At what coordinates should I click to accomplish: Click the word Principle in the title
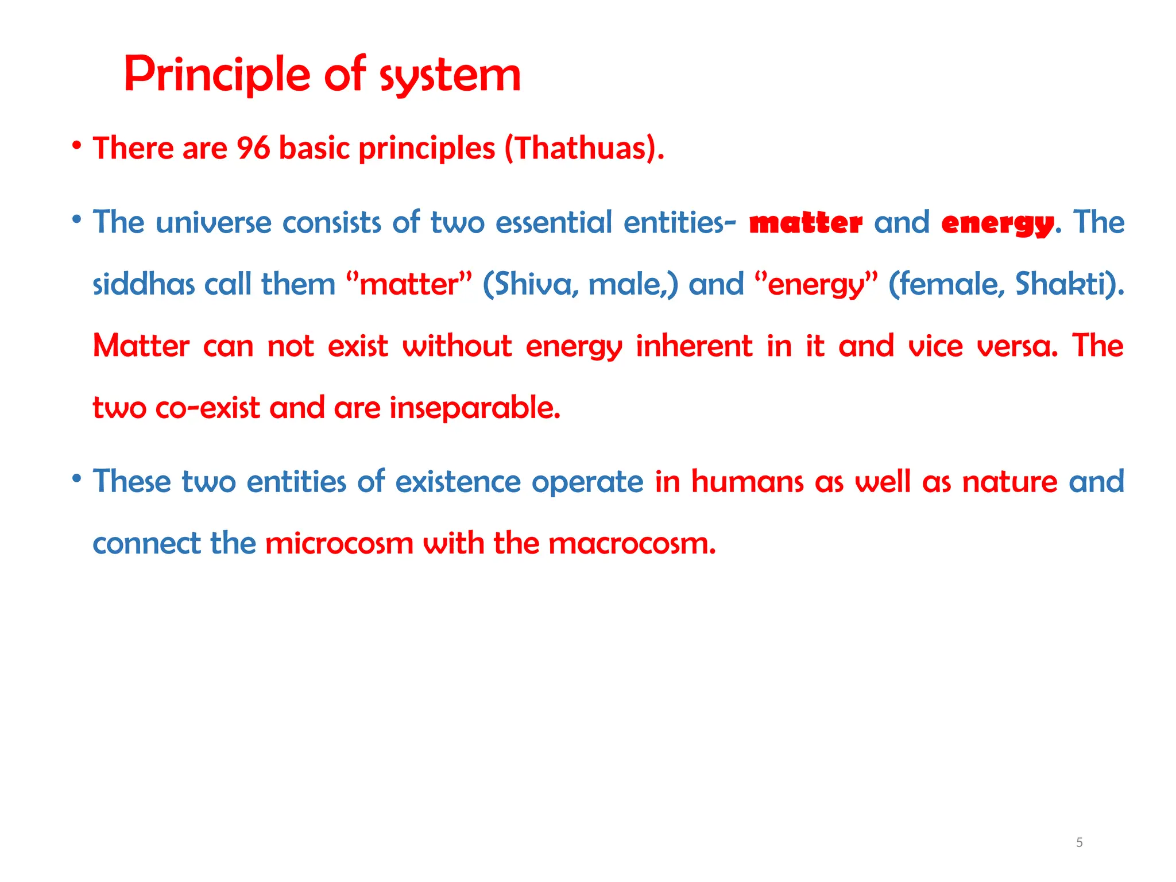(x=217, y=75)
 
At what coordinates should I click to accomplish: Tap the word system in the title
(x=450, y=76)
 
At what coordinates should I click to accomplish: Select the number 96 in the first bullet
(x=253, y=148)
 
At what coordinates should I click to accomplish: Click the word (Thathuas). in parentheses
(x=584, y=148)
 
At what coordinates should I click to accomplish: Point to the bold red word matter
(x=806, y=223)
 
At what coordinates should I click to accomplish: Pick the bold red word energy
(x=997, y=223)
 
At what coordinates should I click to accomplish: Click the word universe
(x=214, y=223)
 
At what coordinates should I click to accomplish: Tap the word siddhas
(x=144, y=284)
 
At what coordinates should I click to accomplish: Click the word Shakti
(x=1066, y=284)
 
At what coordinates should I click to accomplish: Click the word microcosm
(x=339, y=543)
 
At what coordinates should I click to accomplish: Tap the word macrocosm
(x=632, y=543)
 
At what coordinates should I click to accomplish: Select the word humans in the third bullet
(x=746, y=481)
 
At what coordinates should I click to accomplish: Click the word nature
(x=1009, y=481)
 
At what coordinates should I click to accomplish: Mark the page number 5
(x=1080, y=842)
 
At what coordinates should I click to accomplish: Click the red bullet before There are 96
(x=76, y=145)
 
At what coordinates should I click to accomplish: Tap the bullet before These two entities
(x=76, y=478)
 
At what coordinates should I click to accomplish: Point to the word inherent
(x=694, y=346)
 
